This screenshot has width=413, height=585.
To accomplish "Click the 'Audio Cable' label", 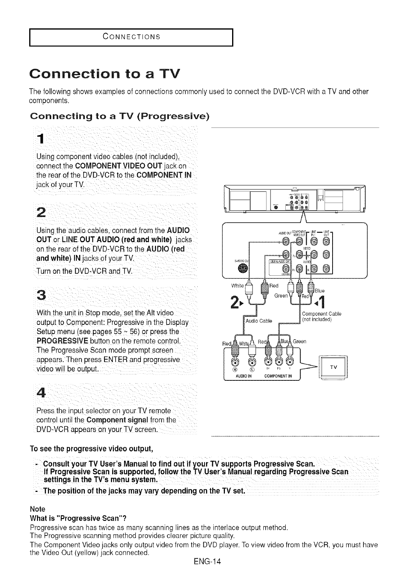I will click(259, 320).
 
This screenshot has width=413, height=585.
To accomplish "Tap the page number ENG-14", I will click(206, 561).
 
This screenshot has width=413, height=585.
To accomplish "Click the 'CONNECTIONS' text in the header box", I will click(132, 38).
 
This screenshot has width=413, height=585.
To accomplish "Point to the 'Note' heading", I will click(38, 509).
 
